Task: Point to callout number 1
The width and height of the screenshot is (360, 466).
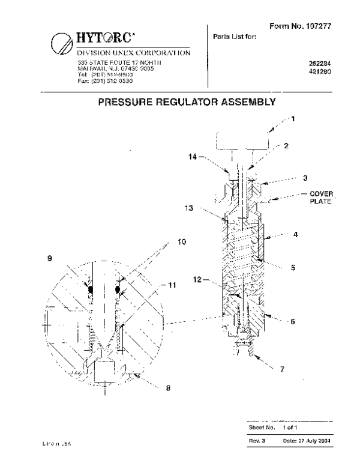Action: (293, 119)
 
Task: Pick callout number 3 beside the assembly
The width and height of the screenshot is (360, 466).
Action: (288, 179)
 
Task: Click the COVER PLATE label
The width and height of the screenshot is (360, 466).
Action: (321, 198)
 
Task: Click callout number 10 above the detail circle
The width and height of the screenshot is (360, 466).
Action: (181, 242)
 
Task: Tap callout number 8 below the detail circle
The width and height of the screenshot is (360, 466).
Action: (168, 388)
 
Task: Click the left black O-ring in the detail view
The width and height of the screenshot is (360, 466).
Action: (91, 289)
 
